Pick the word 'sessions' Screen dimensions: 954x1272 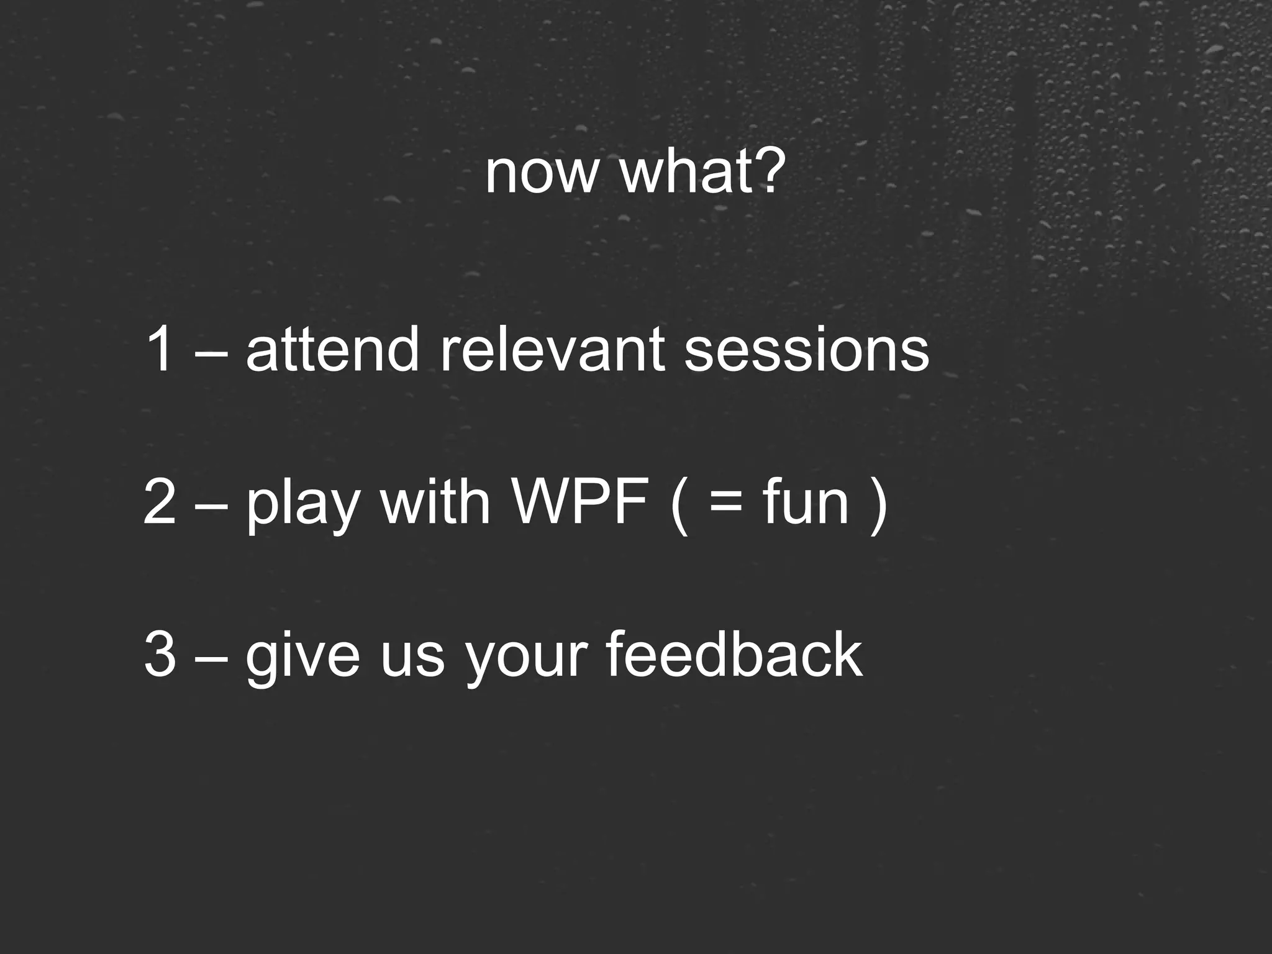tap(806, 351)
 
